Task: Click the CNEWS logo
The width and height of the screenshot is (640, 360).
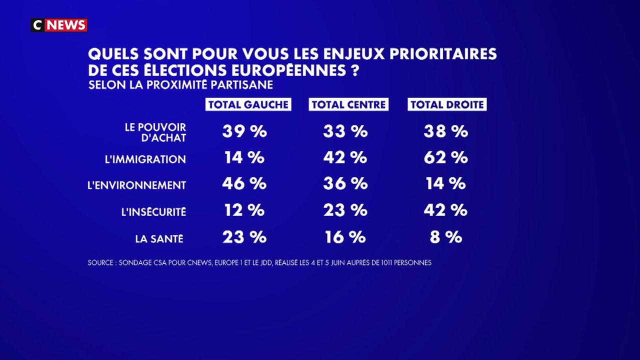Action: click(x=59, y=25)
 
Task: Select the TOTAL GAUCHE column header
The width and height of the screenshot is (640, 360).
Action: click(x=248, y=104)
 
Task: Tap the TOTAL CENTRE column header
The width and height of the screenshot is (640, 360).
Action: click(x=348, y=104)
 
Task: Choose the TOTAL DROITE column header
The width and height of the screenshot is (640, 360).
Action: click(x=447, y=104)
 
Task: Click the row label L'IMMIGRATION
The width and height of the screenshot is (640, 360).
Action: click(x=145, y=159)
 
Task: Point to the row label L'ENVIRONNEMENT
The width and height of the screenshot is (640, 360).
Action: click(x=137, y=185)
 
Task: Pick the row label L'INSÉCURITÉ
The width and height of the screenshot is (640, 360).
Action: click(x=153, y=211)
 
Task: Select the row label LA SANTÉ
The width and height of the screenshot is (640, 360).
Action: click(x=159, y=238)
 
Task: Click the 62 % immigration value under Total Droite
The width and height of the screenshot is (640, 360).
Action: click(x=445, y=157)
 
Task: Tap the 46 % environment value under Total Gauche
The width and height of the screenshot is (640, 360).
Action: click(x=244, y=183)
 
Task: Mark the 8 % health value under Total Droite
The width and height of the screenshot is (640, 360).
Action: click(x=446, y=237)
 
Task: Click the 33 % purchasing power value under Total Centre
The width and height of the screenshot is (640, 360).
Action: click(x=345, y=131)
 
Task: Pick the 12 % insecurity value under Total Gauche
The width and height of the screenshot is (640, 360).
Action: click(x=244, y=210)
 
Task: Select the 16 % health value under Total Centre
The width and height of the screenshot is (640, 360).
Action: click(x=345, y=237)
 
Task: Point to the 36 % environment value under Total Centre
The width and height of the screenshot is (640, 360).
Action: click(x=345, y=183)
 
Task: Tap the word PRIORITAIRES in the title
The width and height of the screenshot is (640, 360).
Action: click(x=443, y=53)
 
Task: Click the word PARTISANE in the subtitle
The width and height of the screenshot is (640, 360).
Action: click(x=241, y=85)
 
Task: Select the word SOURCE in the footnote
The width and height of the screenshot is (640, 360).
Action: click(x=100, y=262)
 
